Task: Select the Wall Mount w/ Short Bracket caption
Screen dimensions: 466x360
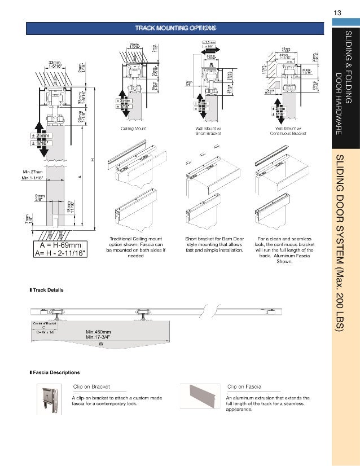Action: click(x=207, y=131)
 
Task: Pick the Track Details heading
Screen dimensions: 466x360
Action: click(x=48, y=290)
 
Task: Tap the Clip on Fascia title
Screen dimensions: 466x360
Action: click(x=244, y=386)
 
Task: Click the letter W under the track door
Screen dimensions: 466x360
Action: click(x=100, y=343)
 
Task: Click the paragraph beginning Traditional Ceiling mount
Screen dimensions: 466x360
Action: click(x=134, y=247)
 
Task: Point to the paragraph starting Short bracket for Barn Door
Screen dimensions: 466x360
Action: click(x=214, y=244)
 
